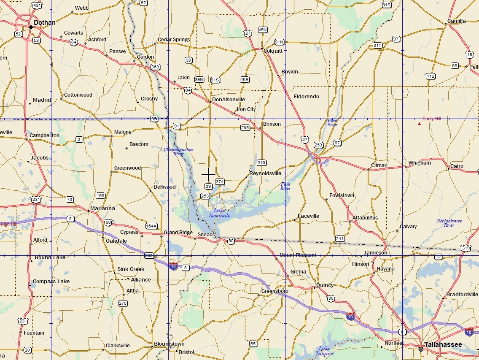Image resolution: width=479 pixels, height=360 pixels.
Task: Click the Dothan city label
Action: [x=44, y=23]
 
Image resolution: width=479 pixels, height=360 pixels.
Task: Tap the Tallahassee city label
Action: [x=443, y=345]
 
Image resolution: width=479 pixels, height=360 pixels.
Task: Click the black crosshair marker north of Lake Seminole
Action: [x=209, y=174]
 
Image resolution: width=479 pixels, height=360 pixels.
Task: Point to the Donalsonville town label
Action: [x=229, y=100]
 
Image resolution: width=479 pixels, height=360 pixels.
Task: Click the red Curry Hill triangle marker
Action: [x=419, y=124]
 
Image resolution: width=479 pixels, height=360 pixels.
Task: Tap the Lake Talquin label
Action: [x=324, y=351]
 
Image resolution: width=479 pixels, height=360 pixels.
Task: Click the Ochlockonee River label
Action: [x=449, y=223]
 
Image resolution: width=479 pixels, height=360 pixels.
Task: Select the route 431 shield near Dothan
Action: [x=37, y=5]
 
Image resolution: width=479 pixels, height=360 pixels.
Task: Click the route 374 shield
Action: [x=220, y=181]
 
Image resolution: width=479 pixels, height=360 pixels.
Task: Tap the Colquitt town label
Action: [x=273, y=51]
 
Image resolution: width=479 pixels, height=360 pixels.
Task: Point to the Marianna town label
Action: [x=103, y=208]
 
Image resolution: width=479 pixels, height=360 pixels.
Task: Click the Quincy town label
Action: [x=325, y=285]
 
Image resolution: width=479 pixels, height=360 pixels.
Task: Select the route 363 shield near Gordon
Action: [x=155, y=67]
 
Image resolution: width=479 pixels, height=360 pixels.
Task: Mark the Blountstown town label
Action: [x=169, y=344]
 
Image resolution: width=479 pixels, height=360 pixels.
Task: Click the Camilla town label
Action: [x=457, y=21]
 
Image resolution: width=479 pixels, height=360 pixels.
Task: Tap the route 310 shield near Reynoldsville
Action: [x=261, y=162]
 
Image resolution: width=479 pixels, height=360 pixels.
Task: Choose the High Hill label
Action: [x=8, y=224]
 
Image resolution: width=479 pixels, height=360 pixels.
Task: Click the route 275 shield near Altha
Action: [x=123, y=303]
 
